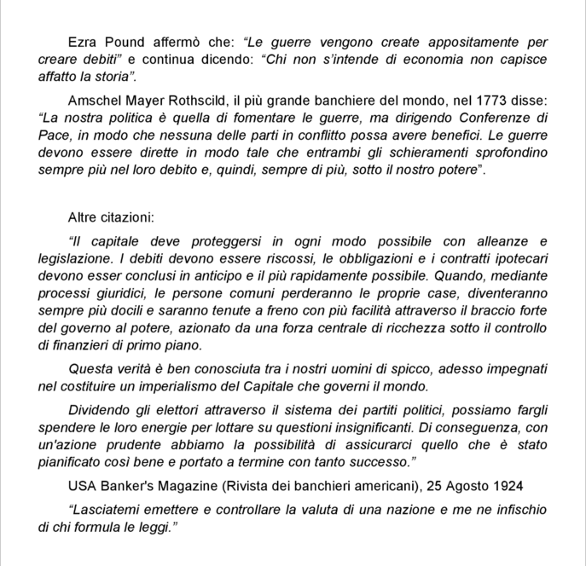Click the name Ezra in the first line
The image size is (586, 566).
point(83,41)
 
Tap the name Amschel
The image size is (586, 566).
point(96,98)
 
